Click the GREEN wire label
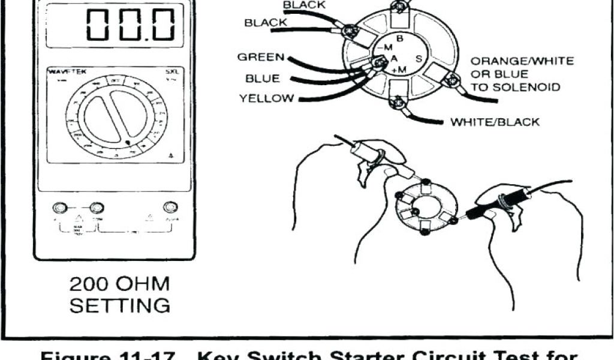[260, 58]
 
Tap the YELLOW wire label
[266, 98]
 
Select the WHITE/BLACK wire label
[495, 122]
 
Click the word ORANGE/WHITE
[522, 61]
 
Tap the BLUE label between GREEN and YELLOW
[262, 79]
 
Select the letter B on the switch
[399, 39]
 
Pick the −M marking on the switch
[384, 48]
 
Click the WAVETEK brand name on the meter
[67, 72]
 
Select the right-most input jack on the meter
[171, 208]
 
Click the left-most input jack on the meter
[59, 208]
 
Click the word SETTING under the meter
[120, 305]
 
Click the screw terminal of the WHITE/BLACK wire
[396, 104]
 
